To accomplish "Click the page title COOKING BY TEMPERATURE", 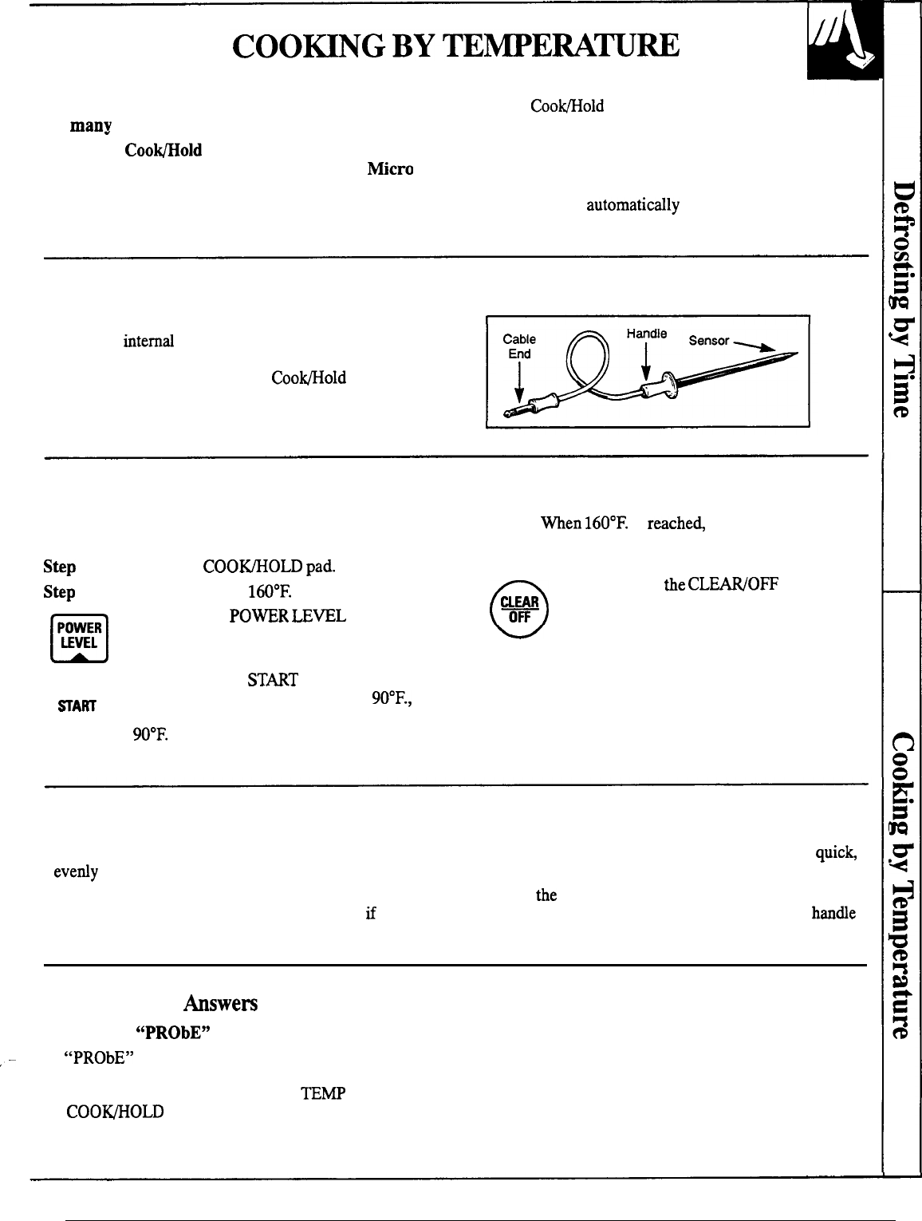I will click(x=455, y=45).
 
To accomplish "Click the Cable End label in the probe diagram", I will click(x=519, y=346).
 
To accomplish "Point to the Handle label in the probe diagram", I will click(x=646, y=334).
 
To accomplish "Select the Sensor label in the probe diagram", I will click(x=709, y=341).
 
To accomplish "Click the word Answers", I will click(x=220, y=1003).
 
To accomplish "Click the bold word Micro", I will click(x=390, y=169).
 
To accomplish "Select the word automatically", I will click(x=632, y=205).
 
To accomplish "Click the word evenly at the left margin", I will click(x=76, y=871).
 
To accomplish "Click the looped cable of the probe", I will click(x=586, y=359).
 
